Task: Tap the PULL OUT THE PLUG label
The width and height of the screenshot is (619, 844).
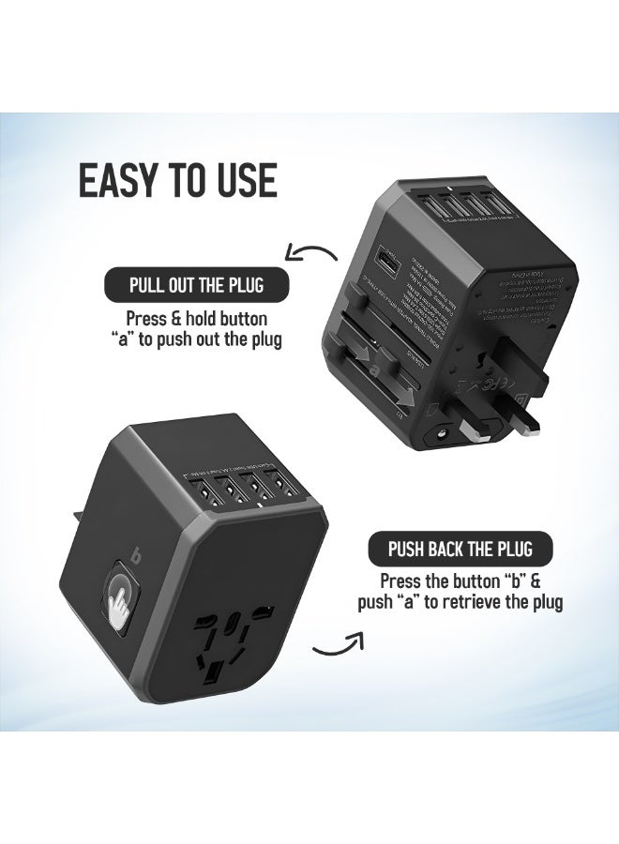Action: point(195,284)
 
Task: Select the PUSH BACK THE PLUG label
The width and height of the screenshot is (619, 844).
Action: point(459,549)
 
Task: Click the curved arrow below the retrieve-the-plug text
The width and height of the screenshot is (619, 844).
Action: point(338,644)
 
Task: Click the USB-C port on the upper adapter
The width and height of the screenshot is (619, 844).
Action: point(361,257)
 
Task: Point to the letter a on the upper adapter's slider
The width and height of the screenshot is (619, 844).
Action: point(376,369)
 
